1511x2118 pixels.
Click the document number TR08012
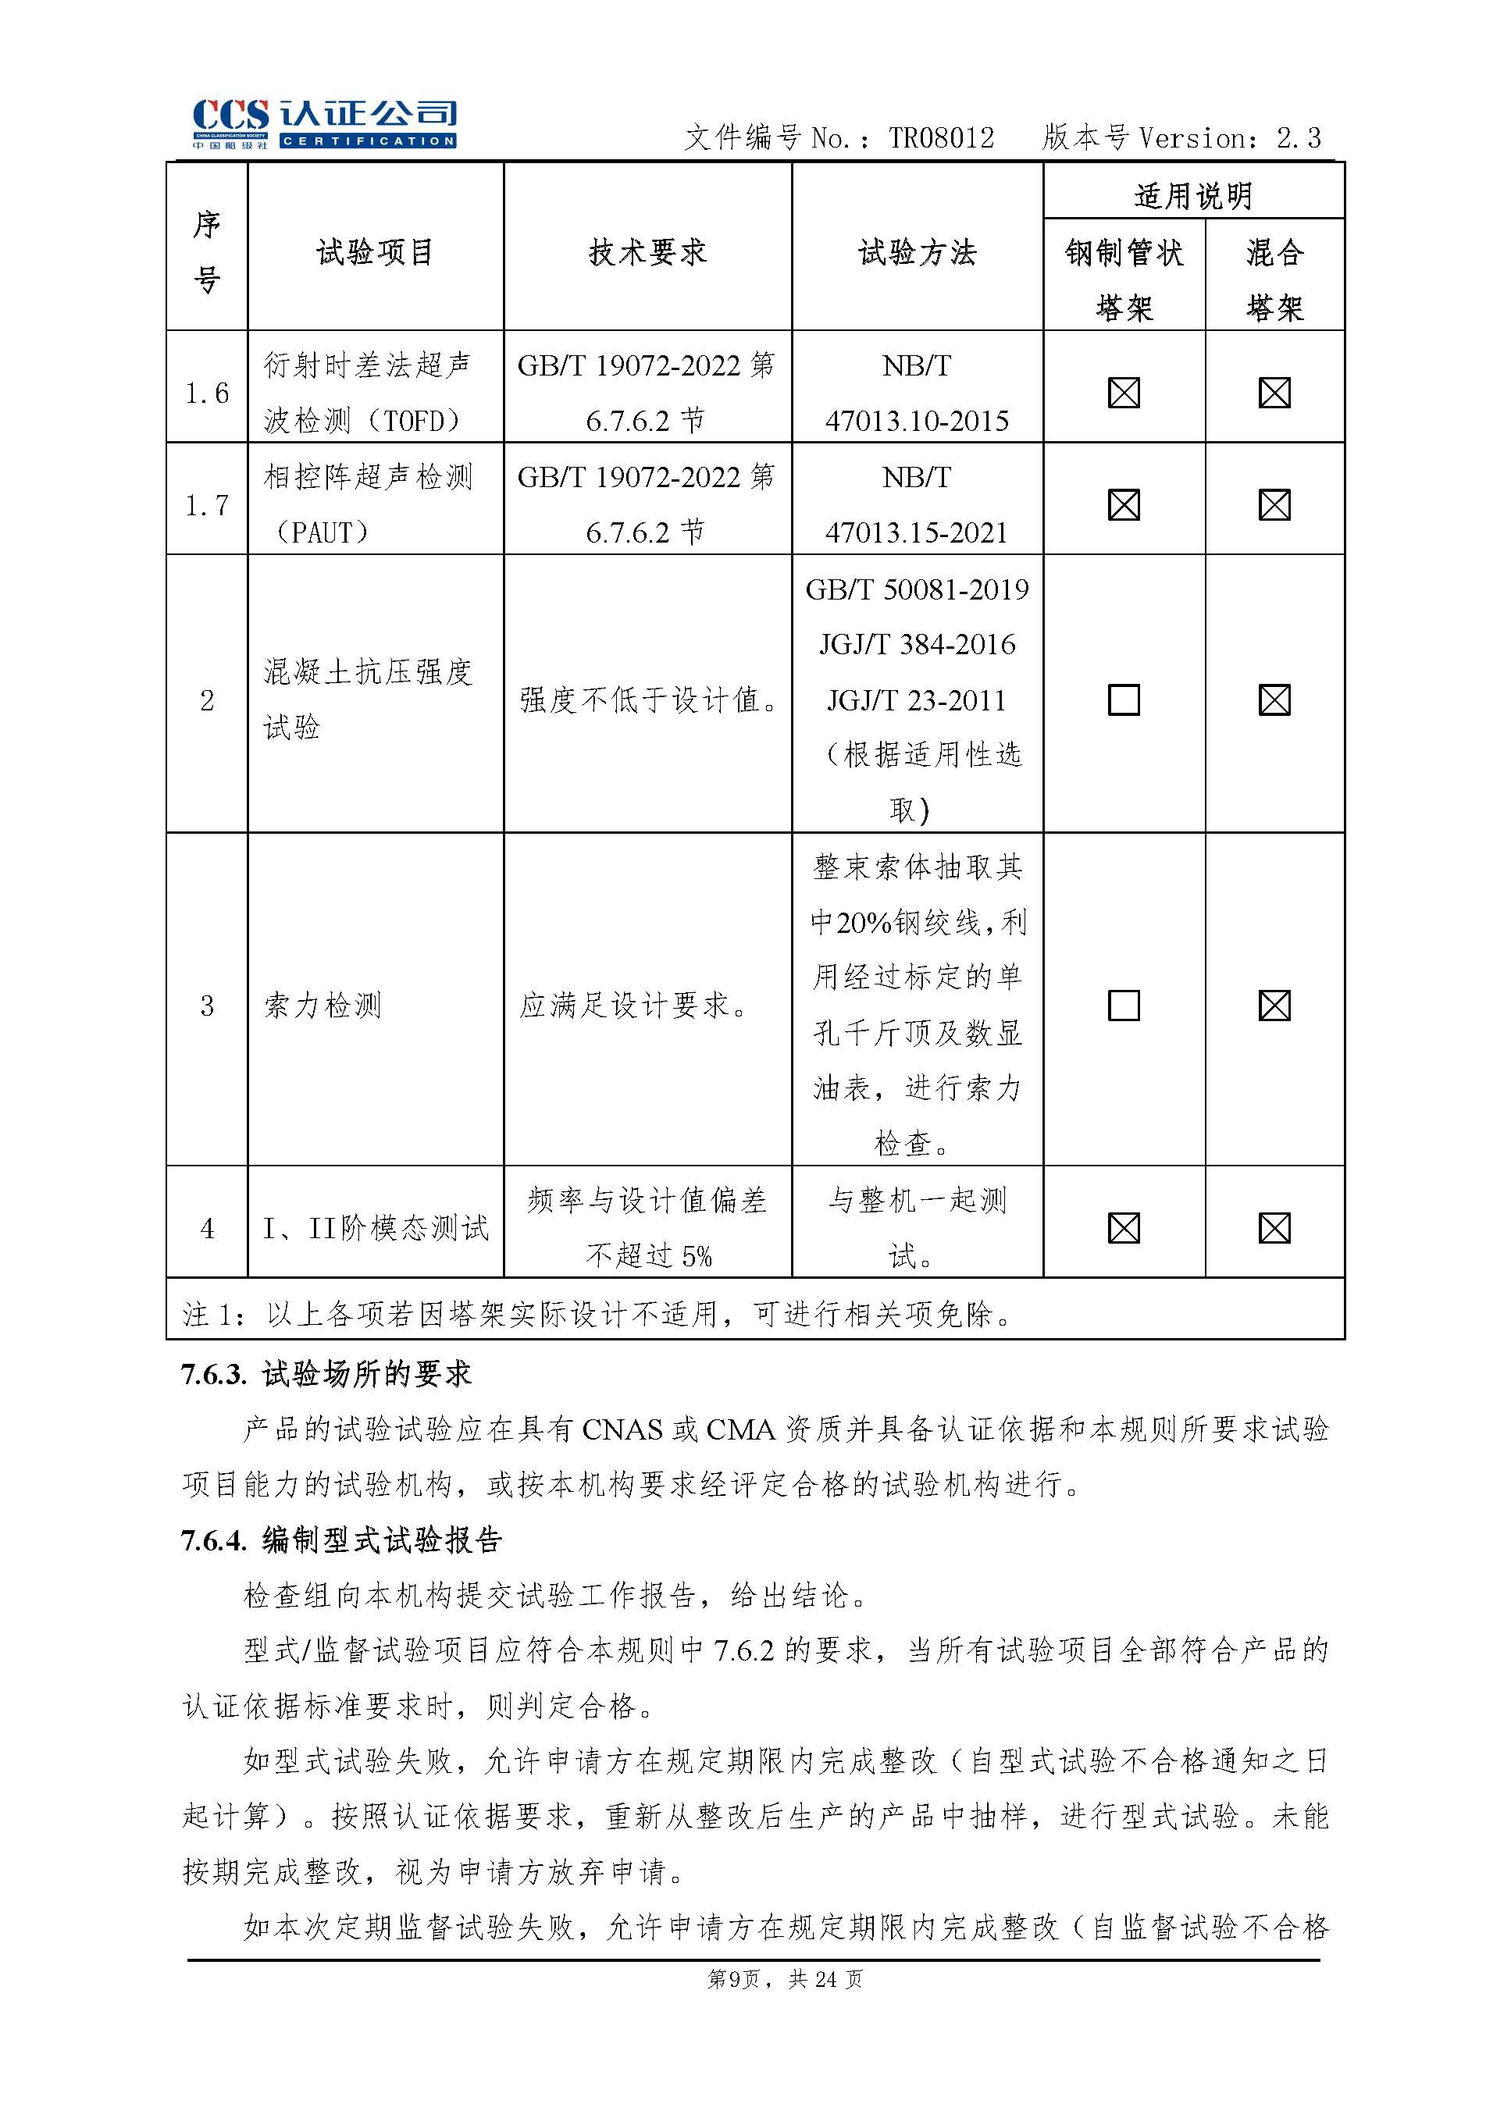941,139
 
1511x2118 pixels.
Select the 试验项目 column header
375,252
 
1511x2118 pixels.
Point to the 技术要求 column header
647,252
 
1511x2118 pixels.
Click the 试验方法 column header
917,252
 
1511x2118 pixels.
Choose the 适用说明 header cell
1193,195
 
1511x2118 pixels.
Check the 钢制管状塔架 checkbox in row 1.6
1124,393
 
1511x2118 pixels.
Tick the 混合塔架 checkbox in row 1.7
1274,505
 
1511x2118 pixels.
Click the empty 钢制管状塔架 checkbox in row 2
1124,699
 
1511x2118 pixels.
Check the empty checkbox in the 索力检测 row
1124,1006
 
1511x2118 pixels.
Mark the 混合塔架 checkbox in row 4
1274,1229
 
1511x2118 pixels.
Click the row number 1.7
207,505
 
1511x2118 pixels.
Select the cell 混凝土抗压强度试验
368,699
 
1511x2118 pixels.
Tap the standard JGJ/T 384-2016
917,645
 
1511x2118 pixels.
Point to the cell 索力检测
322,1006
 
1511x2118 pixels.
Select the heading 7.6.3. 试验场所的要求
326,1374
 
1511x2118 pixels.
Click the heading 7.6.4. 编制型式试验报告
341,1540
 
